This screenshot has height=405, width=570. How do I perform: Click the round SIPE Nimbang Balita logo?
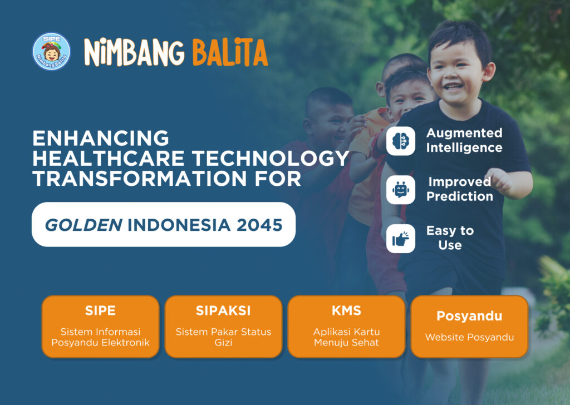[51, 51]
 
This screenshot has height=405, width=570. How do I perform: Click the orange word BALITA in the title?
[230, 53]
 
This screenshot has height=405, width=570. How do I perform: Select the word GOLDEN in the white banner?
[83, 225]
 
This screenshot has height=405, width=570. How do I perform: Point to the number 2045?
[259, 225]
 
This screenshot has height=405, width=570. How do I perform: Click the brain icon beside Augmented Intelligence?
[401, 141]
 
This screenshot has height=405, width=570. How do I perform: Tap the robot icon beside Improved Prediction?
[401, 190]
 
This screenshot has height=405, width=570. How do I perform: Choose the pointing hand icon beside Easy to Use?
[401, 239]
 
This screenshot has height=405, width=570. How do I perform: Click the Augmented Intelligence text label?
[464, 140]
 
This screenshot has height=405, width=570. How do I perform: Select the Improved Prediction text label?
[460, 189]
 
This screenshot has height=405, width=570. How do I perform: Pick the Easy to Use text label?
[450, 238]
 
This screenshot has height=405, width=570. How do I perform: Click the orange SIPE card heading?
[100, 310]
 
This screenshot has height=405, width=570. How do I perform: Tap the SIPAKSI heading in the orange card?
[223, 310]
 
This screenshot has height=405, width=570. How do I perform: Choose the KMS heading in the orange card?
[346, 310]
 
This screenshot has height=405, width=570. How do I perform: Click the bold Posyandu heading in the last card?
[469, 316]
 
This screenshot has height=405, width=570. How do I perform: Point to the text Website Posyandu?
[469, 337]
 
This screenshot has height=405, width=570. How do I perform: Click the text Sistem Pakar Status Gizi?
[223, 337]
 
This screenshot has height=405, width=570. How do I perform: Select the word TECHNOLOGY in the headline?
[271, 159]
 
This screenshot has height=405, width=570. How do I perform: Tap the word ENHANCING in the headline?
[101, 139]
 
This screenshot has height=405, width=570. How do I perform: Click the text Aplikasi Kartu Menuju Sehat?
[346, 337]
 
